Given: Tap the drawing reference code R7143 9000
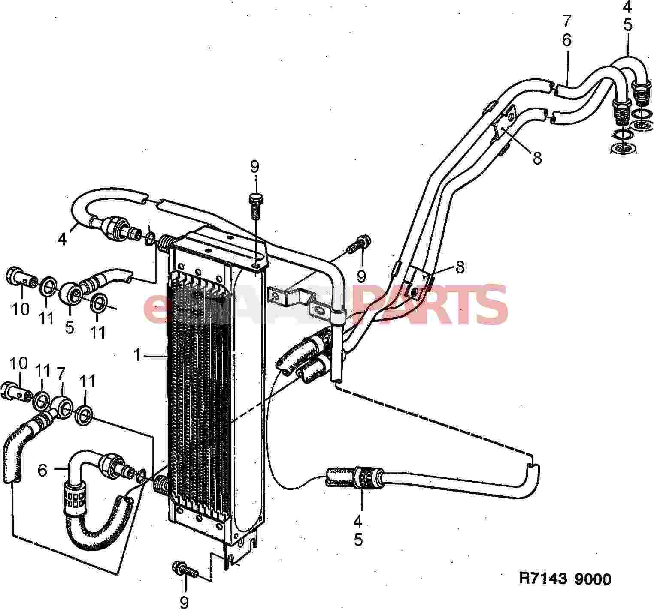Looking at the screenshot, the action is [565, 579].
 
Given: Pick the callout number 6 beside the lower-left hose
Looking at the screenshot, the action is [42, 470].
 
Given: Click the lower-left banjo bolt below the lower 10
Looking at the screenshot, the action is [17, 390].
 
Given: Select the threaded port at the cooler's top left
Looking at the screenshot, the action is [166, 245].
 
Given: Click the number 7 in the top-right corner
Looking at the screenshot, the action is [567, 21].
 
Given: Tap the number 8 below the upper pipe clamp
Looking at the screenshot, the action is [537, 158].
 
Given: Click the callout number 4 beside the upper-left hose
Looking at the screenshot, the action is [62, 239].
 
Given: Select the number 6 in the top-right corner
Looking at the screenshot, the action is [567, 40].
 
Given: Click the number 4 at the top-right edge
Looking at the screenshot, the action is [627, 7].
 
